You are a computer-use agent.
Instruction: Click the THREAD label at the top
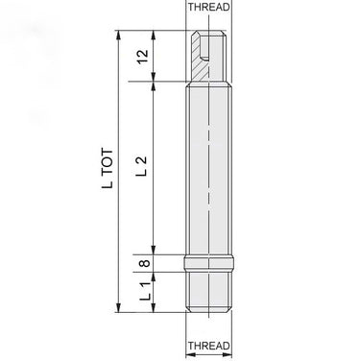click(208, 7)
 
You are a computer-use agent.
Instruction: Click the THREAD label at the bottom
click(208, 346)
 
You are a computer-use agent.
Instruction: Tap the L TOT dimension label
click(108, 168)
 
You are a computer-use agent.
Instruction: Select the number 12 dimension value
click(143, 57)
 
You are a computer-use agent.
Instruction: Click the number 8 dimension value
click(145, 263)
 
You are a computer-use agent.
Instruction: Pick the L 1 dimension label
click(145, 291)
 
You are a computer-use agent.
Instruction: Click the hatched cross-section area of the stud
click(199, 64)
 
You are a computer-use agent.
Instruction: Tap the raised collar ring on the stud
click(208, 263)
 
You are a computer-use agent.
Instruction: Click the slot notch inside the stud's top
click(204, 58)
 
